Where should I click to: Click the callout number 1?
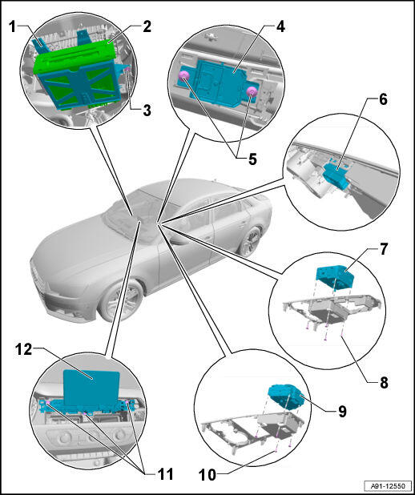coord(12,26)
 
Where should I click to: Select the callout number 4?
coord(280,26)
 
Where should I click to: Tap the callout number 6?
coord(383,100)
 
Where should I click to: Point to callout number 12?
coord(24,350)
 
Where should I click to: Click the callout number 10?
coord(207,475)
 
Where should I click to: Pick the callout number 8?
coord(384,383)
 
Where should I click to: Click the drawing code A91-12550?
coord(388,485)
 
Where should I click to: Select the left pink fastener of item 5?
coord(184,76)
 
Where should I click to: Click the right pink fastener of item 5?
coord(252,92)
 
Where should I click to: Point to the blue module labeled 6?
coord(336,175)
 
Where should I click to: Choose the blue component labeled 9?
coord(284,397)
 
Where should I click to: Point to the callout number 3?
coord(147,111)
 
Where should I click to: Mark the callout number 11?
coord(165,474)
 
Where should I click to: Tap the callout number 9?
coord(342,412)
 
